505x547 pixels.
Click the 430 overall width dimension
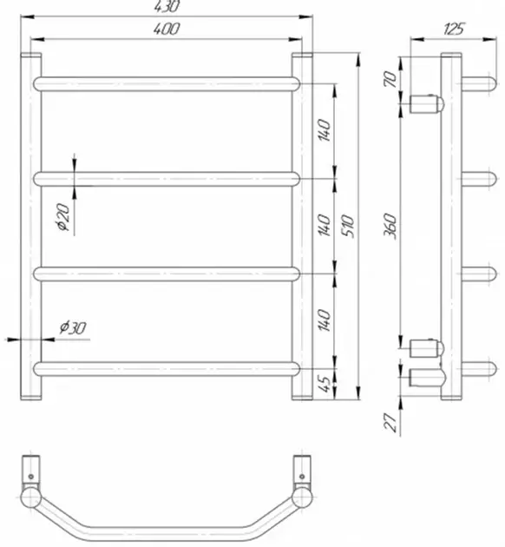167,6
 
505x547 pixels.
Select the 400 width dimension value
167,29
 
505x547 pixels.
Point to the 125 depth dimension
454,30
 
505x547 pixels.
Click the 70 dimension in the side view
390,79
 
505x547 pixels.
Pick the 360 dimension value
390,227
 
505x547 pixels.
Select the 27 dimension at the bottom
390,423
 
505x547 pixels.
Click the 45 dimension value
325,384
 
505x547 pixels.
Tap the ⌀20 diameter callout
63,217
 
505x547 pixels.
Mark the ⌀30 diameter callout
73,327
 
